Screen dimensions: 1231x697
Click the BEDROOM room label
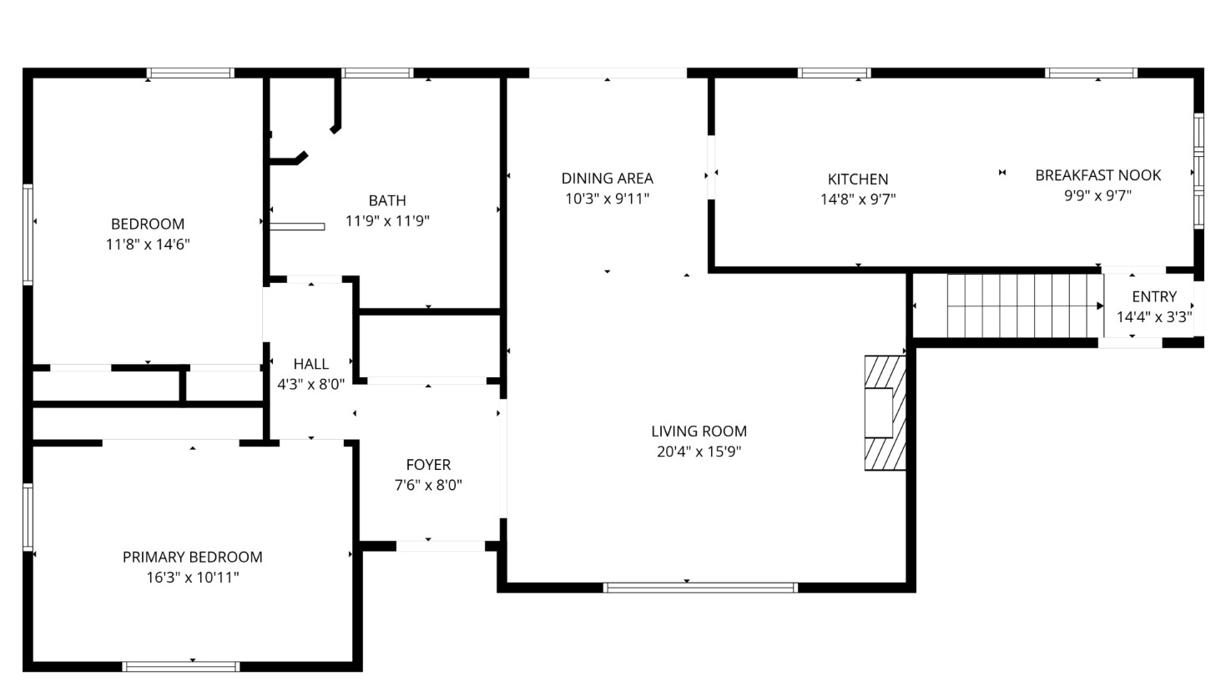point(148,225)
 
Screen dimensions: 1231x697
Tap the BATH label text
point(387,200)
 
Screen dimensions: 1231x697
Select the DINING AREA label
point(608,179)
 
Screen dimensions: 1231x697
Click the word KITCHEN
point(858,179)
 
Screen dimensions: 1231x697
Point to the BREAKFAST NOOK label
point(1098,175)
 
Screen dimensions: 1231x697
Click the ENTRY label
point(1154,297)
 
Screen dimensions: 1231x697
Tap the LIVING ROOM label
point(699,432)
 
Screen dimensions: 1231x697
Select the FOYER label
point(429,465)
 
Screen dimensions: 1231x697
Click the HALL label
point(311,364)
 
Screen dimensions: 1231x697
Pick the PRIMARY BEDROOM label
point(192,558)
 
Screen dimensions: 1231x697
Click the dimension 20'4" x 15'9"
point(699,452)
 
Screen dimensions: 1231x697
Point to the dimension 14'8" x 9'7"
point(858,200)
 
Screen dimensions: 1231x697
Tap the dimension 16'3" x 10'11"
point(192,578)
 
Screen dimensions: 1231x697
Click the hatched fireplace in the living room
point(885,413)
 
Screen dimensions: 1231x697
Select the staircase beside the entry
point(1026,306)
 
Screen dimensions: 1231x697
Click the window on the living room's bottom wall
point(700,588)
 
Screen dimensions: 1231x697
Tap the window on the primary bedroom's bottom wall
point(181,667)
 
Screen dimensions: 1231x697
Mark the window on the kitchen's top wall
point(835,73)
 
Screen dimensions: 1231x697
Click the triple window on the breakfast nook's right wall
point(1199,171)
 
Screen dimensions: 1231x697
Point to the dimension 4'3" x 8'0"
point(311,384)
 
